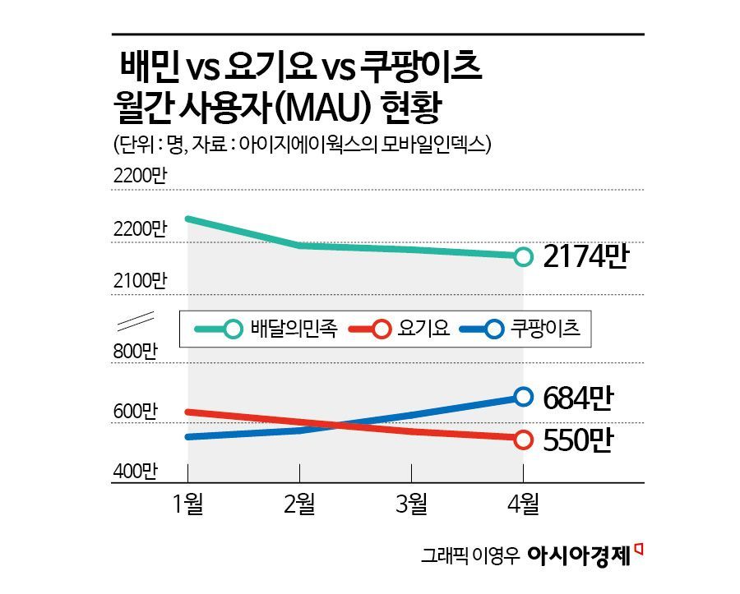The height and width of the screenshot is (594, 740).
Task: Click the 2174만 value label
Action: coord(585,257)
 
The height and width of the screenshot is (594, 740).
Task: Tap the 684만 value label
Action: coord(579,398)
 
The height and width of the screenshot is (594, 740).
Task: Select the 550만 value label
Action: coord(579,440)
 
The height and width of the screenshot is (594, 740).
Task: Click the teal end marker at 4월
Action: coord(523,256)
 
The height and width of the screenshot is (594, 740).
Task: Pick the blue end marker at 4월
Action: coord(523,398)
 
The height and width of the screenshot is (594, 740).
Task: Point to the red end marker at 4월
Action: coord(523,440)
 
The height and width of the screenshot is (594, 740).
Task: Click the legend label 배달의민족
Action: coord(293,329)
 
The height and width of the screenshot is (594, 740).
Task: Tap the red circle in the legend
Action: coord(382,329)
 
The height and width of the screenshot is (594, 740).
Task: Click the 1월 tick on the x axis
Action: coord(188,504)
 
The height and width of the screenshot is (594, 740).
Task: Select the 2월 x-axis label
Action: coord(300,504)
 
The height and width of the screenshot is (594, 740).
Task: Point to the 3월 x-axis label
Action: coord(411,504)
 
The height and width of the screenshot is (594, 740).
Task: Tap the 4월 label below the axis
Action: coord(523,504)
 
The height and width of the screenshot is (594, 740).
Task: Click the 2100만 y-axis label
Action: coord(141,280)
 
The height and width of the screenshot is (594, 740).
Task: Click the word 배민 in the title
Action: coord(150,67)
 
